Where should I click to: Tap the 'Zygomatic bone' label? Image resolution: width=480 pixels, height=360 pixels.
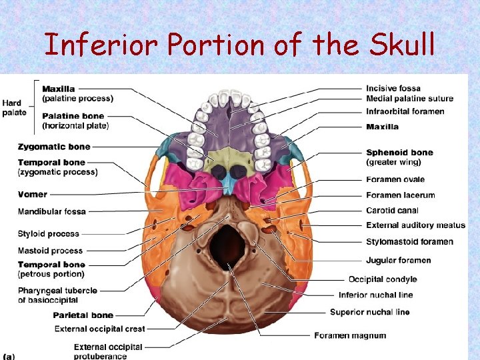(x=54, y=146)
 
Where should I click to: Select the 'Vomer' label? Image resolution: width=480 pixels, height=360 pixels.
(x=33, y=194)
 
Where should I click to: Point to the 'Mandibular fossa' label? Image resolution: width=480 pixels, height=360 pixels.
(x=52, y=211)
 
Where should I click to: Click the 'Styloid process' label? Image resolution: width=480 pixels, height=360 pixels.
(x=49, y=233)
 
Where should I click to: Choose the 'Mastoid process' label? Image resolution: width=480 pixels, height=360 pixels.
(x=51, y=251)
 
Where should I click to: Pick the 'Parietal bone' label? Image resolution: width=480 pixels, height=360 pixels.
(x=83, y=315)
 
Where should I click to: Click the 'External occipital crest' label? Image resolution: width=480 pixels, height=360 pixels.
(x=99, y=329)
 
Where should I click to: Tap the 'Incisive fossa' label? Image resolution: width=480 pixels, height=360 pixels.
(x=393, y=88)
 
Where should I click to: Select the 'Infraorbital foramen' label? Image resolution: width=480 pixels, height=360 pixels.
(x=405, y=111)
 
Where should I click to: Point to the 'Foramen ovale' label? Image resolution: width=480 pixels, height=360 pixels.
(x=395, y=179)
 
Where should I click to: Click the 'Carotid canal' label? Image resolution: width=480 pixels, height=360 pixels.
(x=393, y=211)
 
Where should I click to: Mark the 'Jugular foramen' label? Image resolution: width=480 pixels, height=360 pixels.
(x=399, y=260)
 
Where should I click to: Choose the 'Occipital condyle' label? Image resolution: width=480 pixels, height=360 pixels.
(x=383, y=279)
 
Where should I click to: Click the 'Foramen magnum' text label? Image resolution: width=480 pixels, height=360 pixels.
(x=350, y=335)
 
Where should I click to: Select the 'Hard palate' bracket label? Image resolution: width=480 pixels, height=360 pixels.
(x=14, y=107)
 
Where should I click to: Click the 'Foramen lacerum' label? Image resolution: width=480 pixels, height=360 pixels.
(x=400, y=195)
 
